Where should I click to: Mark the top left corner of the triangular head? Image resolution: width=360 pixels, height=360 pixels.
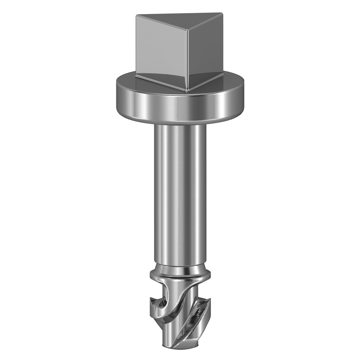137,16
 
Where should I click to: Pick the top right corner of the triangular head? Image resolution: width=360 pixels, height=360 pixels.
222,14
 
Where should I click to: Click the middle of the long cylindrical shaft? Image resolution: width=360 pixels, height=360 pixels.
180,193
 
